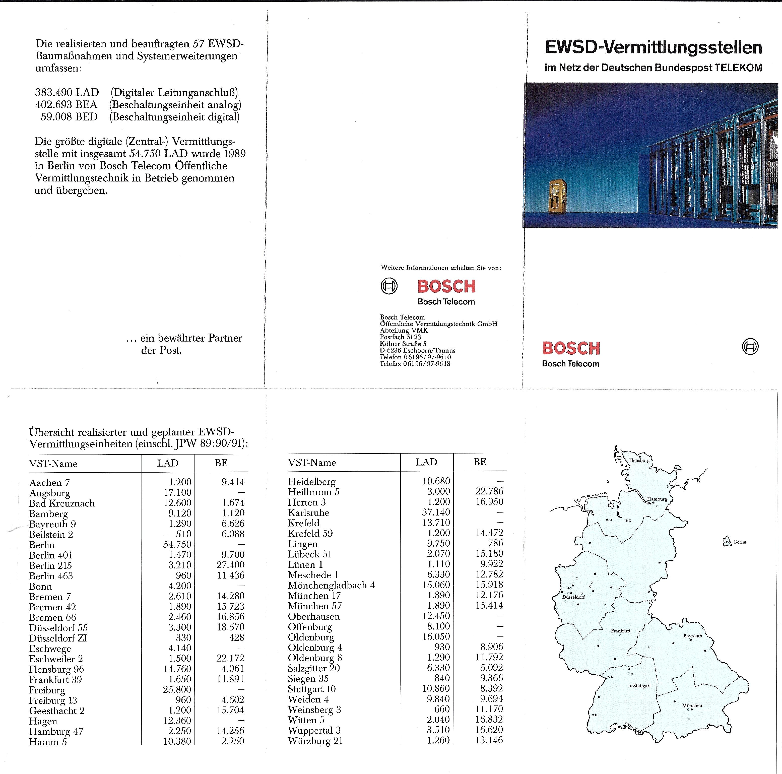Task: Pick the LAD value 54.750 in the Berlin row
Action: [177, 544]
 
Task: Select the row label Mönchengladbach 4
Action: [331, 585]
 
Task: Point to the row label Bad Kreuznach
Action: [62, 503]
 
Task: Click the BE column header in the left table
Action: [221, 463]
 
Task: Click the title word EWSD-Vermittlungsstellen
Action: [653, 47]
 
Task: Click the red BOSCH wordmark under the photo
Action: [571, 348]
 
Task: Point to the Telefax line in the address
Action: [415, 363]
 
